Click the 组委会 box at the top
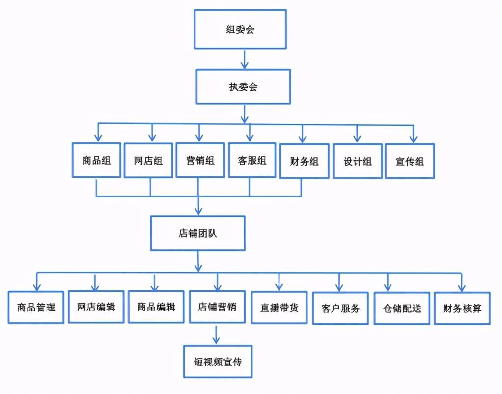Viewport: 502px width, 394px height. click(x=240, y=29)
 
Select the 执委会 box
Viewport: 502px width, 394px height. click(x=243, y=87)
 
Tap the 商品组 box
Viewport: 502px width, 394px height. click(x=96, y=160)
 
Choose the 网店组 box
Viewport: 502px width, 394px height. click(x=148, y=161)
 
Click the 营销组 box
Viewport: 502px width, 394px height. click(x=200, y=160)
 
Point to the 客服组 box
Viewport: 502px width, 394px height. click(x=252, y=160)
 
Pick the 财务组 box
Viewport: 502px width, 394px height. click(x=305, y=161)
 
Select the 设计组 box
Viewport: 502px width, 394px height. click(x=357, y=161)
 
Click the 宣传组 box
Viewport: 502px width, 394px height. click(x=410, y=161)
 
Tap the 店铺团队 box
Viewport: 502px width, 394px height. click(x=197, y=232)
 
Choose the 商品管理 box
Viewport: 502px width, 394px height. click(x=36, y=308)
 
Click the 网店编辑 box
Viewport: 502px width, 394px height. click(x=96, y=307)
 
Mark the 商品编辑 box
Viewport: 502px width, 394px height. click(x=156, y=307)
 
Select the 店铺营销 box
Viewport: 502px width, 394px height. click(x=217, y=307)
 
